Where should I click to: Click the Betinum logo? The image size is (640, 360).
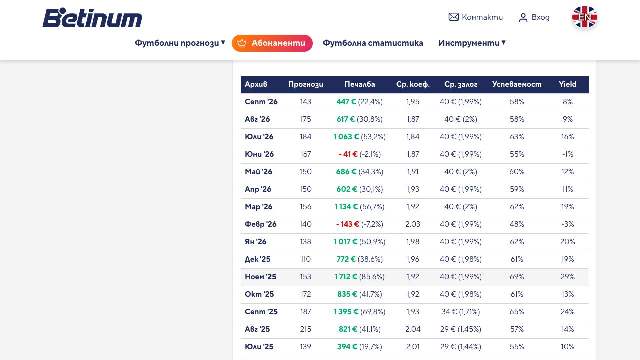pyautogui.click(x=92, y=17)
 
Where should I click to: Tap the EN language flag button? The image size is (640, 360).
pyautogui.click(x=584, y=17)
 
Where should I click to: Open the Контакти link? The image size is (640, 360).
pyautogui.click(x=475, y=17)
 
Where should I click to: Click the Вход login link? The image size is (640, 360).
pyautogui.click(x=534, y=17)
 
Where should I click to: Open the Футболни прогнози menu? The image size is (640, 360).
pyautogui.click(x=180, y=43)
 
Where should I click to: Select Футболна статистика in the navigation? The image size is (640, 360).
pyautogui.click(x=373, y=43)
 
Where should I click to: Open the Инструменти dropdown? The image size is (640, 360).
pyautogui.click(x=472, y=43)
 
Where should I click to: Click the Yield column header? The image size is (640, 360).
pyautogui.click(x=567, y=84)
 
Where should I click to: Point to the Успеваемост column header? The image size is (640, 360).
pyautogui.click(x=517, y=84)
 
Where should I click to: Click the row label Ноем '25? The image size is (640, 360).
pyautogui.click(x=260, y=277)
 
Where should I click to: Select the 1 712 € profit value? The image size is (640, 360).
pyautogui.click(x=346, y=277)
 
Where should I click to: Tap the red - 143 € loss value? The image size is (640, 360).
pyautogui.click(x=347, y=224)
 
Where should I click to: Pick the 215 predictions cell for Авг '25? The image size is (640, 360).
pyautogui.click(x=305, y=329)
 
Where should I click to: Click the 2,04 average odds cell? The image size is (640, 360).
pyautogui.click(x=413, y=329)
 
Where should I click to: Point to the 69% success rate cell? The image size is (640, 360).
pyautogui.click(x=517, y=277)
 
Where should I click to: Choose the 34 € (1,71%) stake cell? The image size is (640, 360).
pyautogui.click(x=460, y=312)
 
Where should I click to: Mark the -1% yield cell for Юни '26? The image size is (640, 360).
pyautogui.click(x=567, y=154)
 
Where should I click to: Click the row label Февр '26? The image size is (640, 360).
pyautogui.click(x=260, y=224)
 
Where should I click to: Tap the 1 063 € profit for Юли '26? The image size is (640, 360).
pyautogui.click(x=346, y=137)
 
